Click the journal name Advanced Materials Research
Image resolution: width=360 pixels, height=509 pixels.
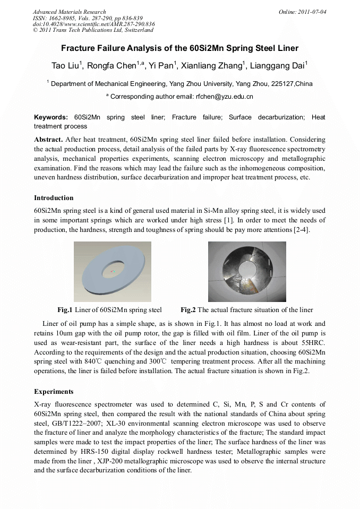(x=69, y=12)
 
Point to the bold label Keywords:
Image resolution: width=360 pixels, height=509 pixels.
(x=51, y=117)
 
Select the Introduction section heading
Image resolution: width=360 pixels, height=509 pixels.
(x=54, y=197)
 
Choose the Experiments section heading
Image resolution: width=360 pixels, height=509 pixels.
(x=54, y=392)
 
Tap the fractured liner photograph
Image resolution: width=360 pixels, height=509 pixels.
(x=247, y=271)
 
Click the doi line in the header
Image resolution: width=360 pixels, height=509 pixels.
(x=93, y=24)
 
